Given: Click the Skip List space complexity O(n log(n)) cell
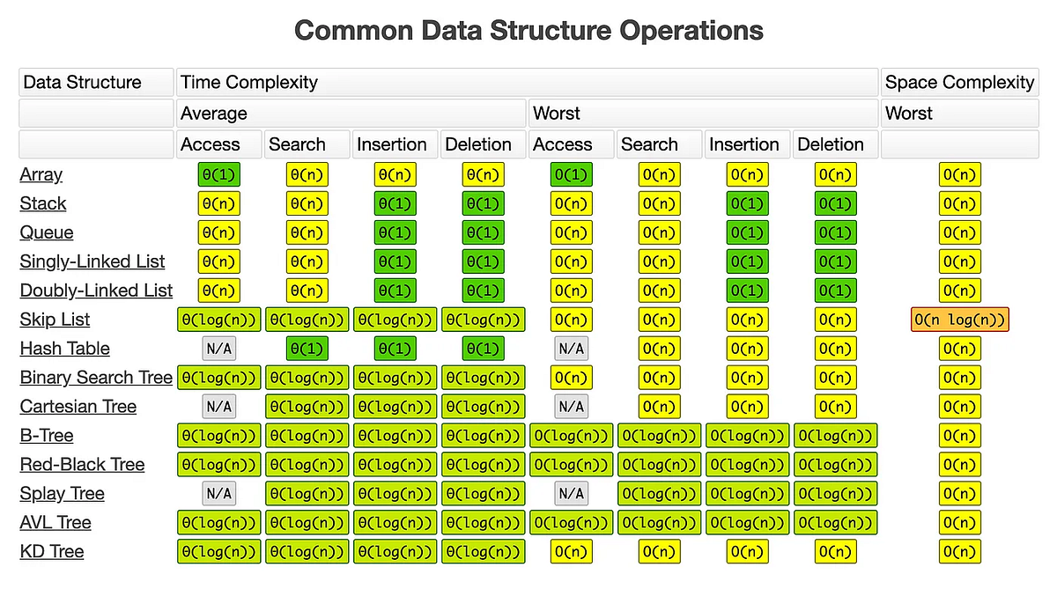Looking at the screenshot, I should (959, 320).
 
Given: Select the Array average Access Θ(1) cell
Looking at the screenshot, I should (219, 174).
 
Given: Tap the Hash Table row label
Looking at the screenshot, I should (65, 349).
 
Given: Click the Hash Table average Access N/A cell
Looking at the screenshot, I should (219, 349).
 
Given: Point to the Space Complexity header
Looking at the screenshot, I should (959, 82).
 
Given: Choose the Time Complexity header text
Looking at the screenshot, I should (249, 82).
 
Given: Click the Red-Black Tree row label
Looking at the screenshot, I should (82, 465).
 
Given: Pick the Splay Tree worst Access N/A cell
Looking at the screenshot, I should (572, 494).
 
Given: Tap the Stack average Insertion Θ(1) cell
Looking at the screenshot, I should (395, 203).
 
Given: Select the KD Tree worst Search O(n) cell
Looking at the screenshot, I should (660, 552).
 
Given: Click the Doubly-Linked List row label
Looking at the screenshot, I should (96, 291).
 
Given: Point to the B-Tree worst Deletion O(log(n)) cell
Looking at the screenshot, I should (836, 436).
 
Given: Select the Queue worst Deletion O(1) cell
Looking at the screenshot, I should (836, 232).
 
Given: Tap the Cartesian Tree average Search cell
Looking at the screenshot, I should (307, 407).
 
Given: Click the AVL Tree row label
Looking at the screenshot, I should (55, 523).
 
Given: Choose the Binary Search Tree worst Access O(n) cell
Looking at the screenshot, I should (572, 378).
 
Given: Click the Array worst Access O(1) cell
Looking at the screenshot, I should (572, 174).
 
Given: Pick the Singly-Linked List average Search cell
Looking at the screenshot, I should (307, 261).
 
